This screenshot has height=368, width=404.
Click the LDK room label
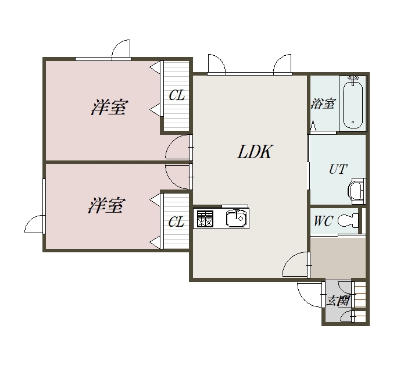[254, 152]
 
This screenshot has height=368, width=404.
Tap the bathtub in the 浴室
[353, 104]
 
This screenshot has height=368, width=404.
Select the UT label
[338, 169]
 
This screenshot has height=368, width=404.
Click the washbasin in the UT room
[356, 191]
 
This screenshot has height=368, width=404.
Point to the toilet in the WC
[348, 220]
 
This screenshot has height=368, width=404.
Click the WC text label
[323, 221]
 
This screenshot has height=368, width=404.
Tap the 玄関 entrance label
[338, 300]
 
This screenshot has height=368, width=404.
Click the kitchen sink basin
[236, 219]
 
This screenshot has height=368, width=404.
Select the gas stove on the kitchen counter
[205, 219]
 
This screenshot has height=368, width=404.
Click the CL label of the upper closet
[177, 95]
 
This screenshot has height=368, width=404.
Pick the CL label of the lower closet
[176, 221]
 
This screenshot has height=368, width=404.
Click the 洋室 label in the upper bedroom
[109, 107]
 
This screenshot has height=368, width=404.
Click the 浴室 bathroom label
[323, 103]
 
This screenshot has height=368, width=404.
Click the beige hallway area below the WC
[338, 258]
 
